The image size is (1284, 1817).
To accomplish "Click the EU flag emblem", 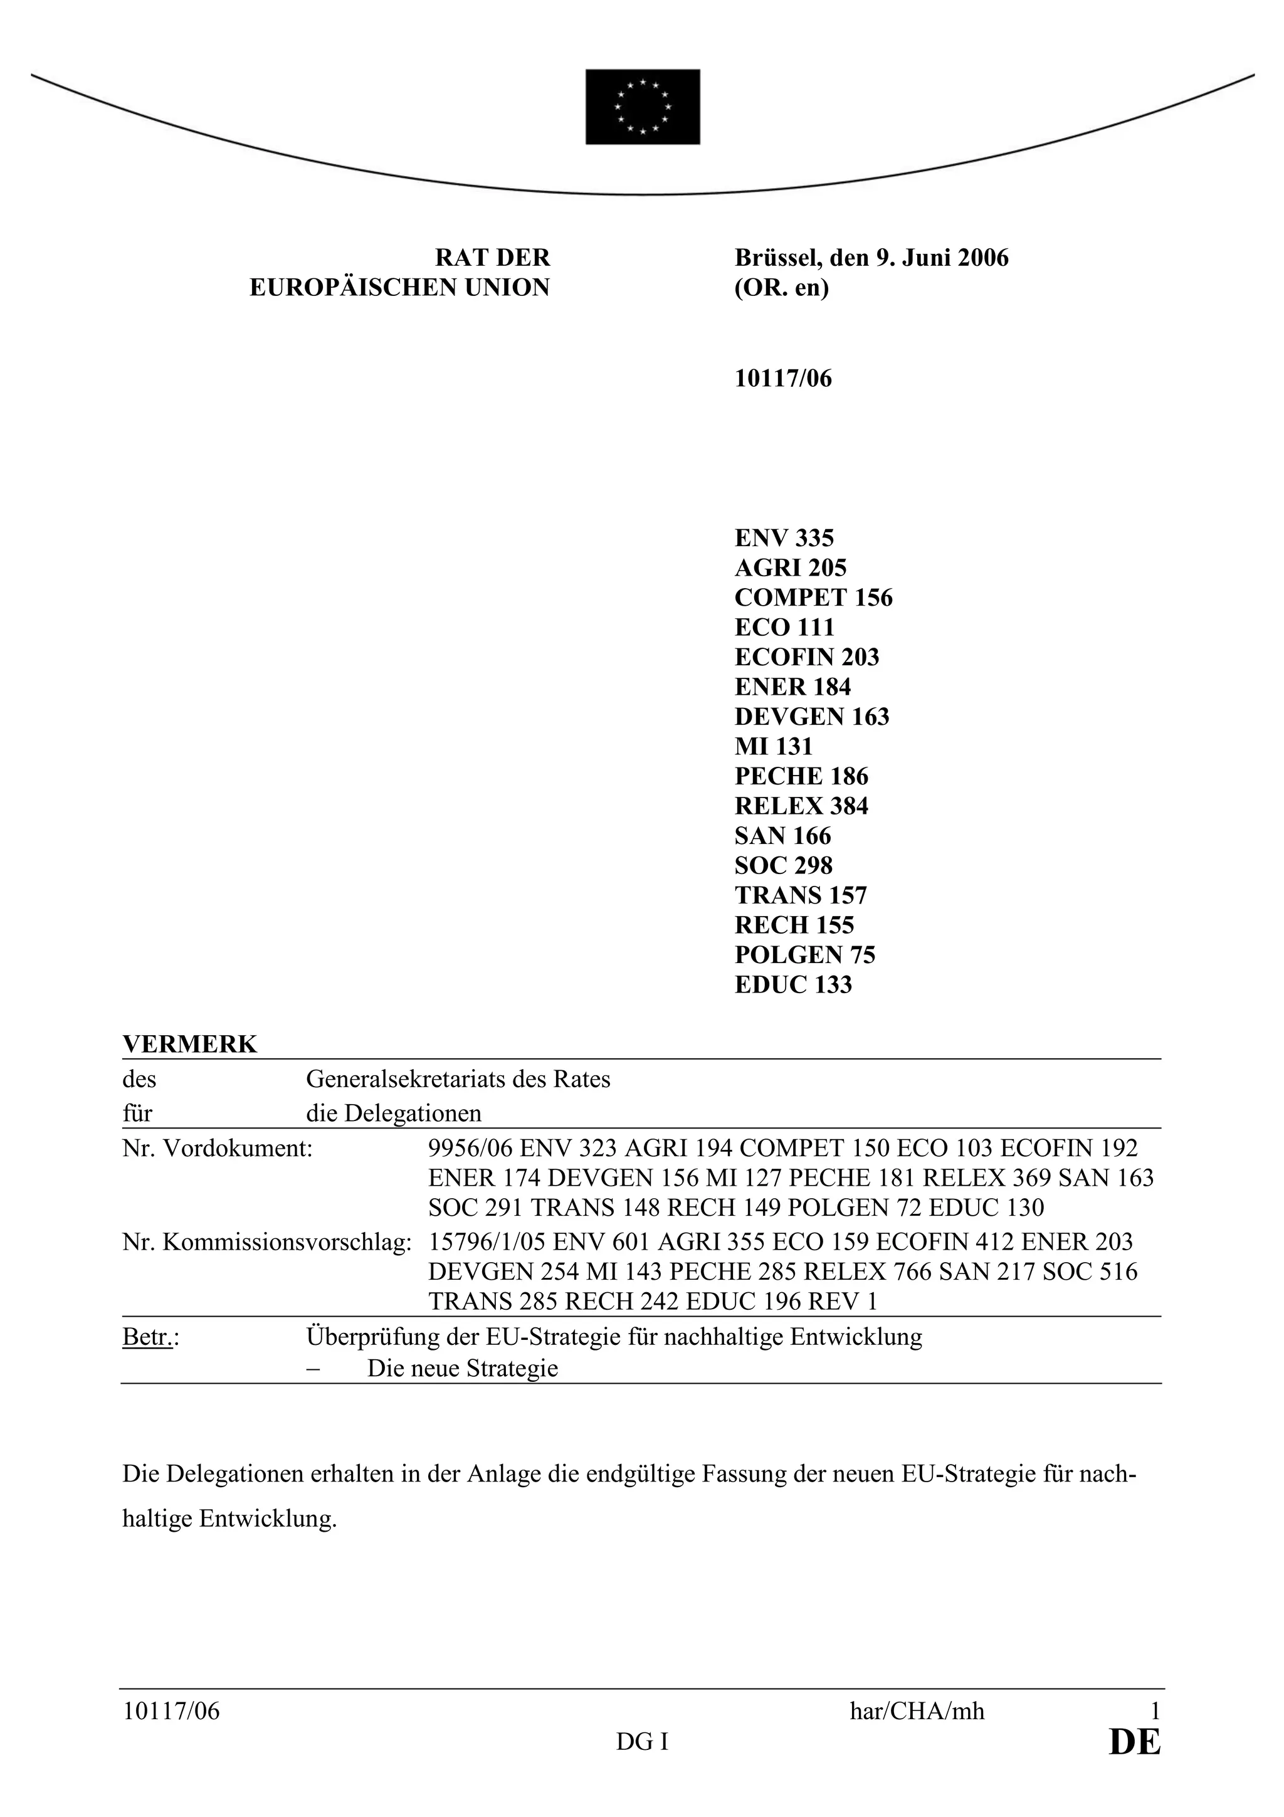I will (643, 107).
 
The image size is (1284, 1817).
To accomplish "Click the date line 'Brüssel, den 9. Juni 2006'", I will (871, 258).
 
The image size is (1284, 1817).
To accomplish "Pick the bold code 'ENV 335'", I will (784, 538).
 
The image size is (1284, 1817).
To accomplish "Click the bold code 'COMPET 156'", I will (813, 598).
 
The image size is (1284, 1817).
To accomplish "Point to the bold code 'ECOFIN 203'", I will (807, 657).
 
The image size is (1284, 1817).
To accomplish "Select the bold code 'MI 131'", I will (774, 746).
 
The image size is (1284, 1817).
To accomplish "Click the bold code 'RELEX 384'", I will (801, 806).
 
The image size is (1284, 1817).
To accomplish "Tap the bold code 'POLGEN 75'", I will (804, 955).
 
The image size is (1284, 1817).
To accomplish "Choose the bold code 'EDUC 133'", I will (792, 984).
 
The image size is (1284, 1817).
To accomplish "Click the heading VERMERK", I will (190, 1045).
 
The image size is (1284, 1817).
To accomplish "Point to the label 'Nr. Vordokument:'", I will (218, 1148).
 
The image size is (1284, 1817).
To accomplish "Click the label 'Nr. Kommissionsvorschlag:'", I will (266, 1241).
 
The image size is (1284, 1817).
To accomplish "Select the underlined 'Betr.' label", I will (148, 1337).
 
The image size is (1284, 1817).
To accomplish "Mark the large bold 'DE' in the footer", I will (1135, 1742).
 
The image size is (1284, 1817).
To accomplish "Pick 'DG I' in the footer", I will (643, 1742).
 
